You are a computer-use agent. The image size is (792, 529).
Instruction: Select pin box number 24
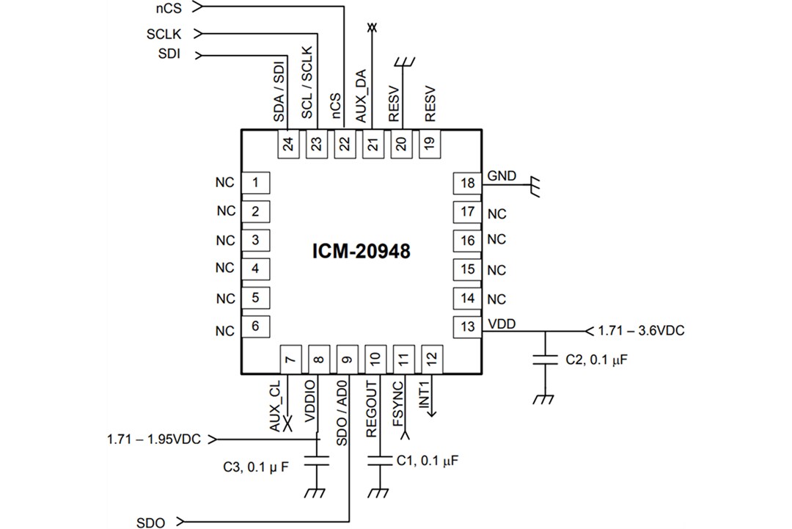288,143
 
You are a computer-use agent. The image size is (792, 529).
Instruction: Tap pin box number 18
468,183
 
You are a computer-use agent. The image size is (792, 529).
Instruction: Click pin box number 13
468,326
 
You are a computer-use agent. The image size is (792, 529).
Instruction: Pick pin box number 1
254,182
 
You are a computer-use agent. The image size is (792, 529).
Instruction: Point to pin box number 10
375,358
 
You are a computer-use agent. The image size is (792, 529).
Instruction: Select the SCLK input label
164,34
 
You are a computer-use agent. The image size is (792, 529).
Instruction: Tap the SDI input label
169,54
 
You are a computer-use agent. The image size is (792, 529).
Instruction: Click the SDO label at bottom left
151,522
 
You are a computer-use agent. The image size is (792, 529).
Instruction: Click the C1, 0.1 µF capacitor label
428,460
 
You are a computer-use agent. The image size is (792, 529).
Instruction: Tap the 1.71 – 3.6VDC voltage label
641,331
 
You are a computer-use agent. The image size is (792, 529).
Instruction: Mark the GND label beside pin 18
502,176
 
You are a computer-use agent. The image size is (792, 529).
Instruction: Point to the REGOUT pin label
372,409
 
